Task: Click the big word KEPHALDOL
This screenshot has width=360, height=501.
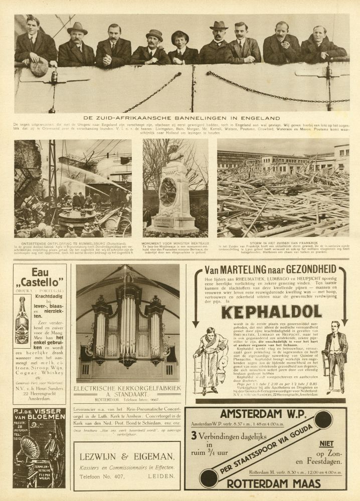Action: pyautogui.click(x=271, y=312)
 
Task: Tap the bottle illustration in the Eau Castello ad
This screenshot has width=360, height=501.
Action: pyautogui.click(x=22, y=320)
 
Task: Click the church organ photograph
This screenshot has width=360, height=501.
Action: pyautogui.click(x=127, y=323)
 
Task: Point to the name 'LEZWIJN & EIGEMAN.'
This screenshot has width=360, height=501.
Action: pyautogui.click(x=127, y=455)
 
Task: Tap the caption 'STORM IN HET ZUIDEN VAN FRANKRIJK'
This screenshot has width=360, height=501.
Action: pyautogui.click(x=283, y=241)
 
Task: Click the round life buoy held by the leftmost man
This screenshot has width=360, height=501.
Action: pyautogui.click(x=39, y=66)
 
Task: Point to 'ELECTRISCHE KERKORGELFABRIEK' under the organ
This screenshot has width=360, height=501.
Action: pyautogui.click(x=127, y=388)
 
